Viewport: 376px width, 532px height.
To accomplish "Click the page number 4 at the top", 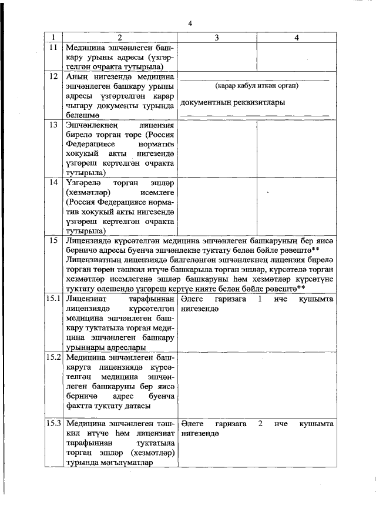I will (190, 23).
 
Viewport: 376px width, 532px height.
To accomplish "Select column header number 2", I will (120, 38).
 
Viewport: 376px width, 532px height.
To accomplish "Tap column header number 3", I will (217, 38).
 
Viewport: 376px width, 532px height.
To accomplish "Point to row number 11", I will (53, 46).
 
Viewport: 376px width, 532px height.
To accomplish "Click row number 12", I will (53, 76).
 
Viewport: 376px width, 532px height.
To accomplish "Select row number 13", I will (53, 125).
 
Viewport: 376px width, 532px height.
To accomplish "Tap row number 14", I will (53, 182).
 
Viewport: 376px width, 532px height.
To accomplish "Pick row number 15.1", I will (54, 299).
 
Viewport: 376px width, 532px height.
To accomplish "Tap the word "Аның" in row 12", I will (77, 76).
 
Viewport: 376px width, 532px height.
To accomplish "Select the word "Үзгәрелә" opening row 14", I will (82, 182).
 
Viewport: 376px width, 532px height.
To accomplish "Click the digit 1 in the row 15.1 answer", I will (259, 299).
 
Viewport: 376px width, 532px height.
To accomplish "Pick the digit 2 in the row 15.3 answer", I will (259, 424).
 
